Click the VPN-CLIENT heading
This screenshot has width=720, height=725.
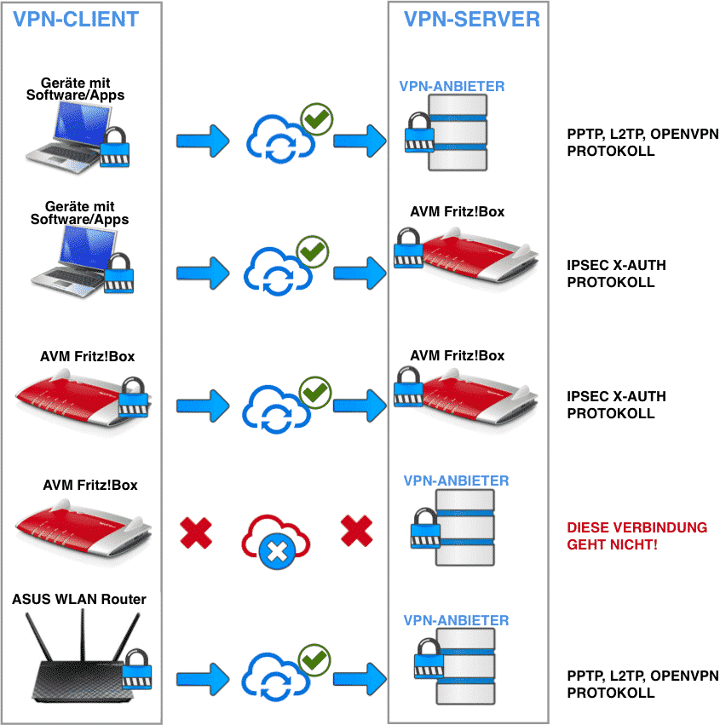pos(76,20)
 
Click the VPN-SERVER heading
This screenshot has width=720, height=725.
pos(472,20)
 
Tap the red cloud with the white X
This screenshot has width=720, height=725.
pos(276,541)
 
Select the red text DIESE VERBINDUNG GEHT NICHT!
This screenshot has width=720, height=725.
pos(636,536)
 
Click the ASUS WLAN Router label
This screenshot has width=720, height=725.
pos(79,599)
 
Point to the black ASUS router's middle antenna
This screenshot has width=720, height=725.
pos(84,635)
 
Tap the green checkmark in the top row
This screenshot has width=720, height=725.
pos(317,118)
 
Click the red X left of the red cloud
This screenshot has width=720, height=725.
pos(196,532)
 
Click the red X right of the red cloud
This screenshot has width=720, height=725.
pos(356,531)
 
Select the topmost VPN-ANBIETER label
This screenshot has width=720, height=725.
pos(452,86)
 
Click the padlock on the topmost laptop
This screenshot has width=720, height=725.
pos(114,147)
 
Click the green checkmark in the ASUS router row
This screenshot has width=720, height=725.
pos(314,659)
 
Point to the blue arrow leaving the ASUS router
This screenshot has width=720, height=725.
pos(203,679)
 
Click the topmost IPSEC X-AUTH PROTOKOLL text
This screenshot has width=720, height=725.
pos(616,273)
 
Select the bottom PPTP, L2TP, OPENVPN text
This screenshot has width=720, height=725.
pos(642,676)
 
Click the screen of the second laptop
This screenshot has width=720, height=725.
pos(88,248)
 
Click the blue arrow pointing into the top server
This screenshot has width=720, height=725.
pos(360,141)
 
